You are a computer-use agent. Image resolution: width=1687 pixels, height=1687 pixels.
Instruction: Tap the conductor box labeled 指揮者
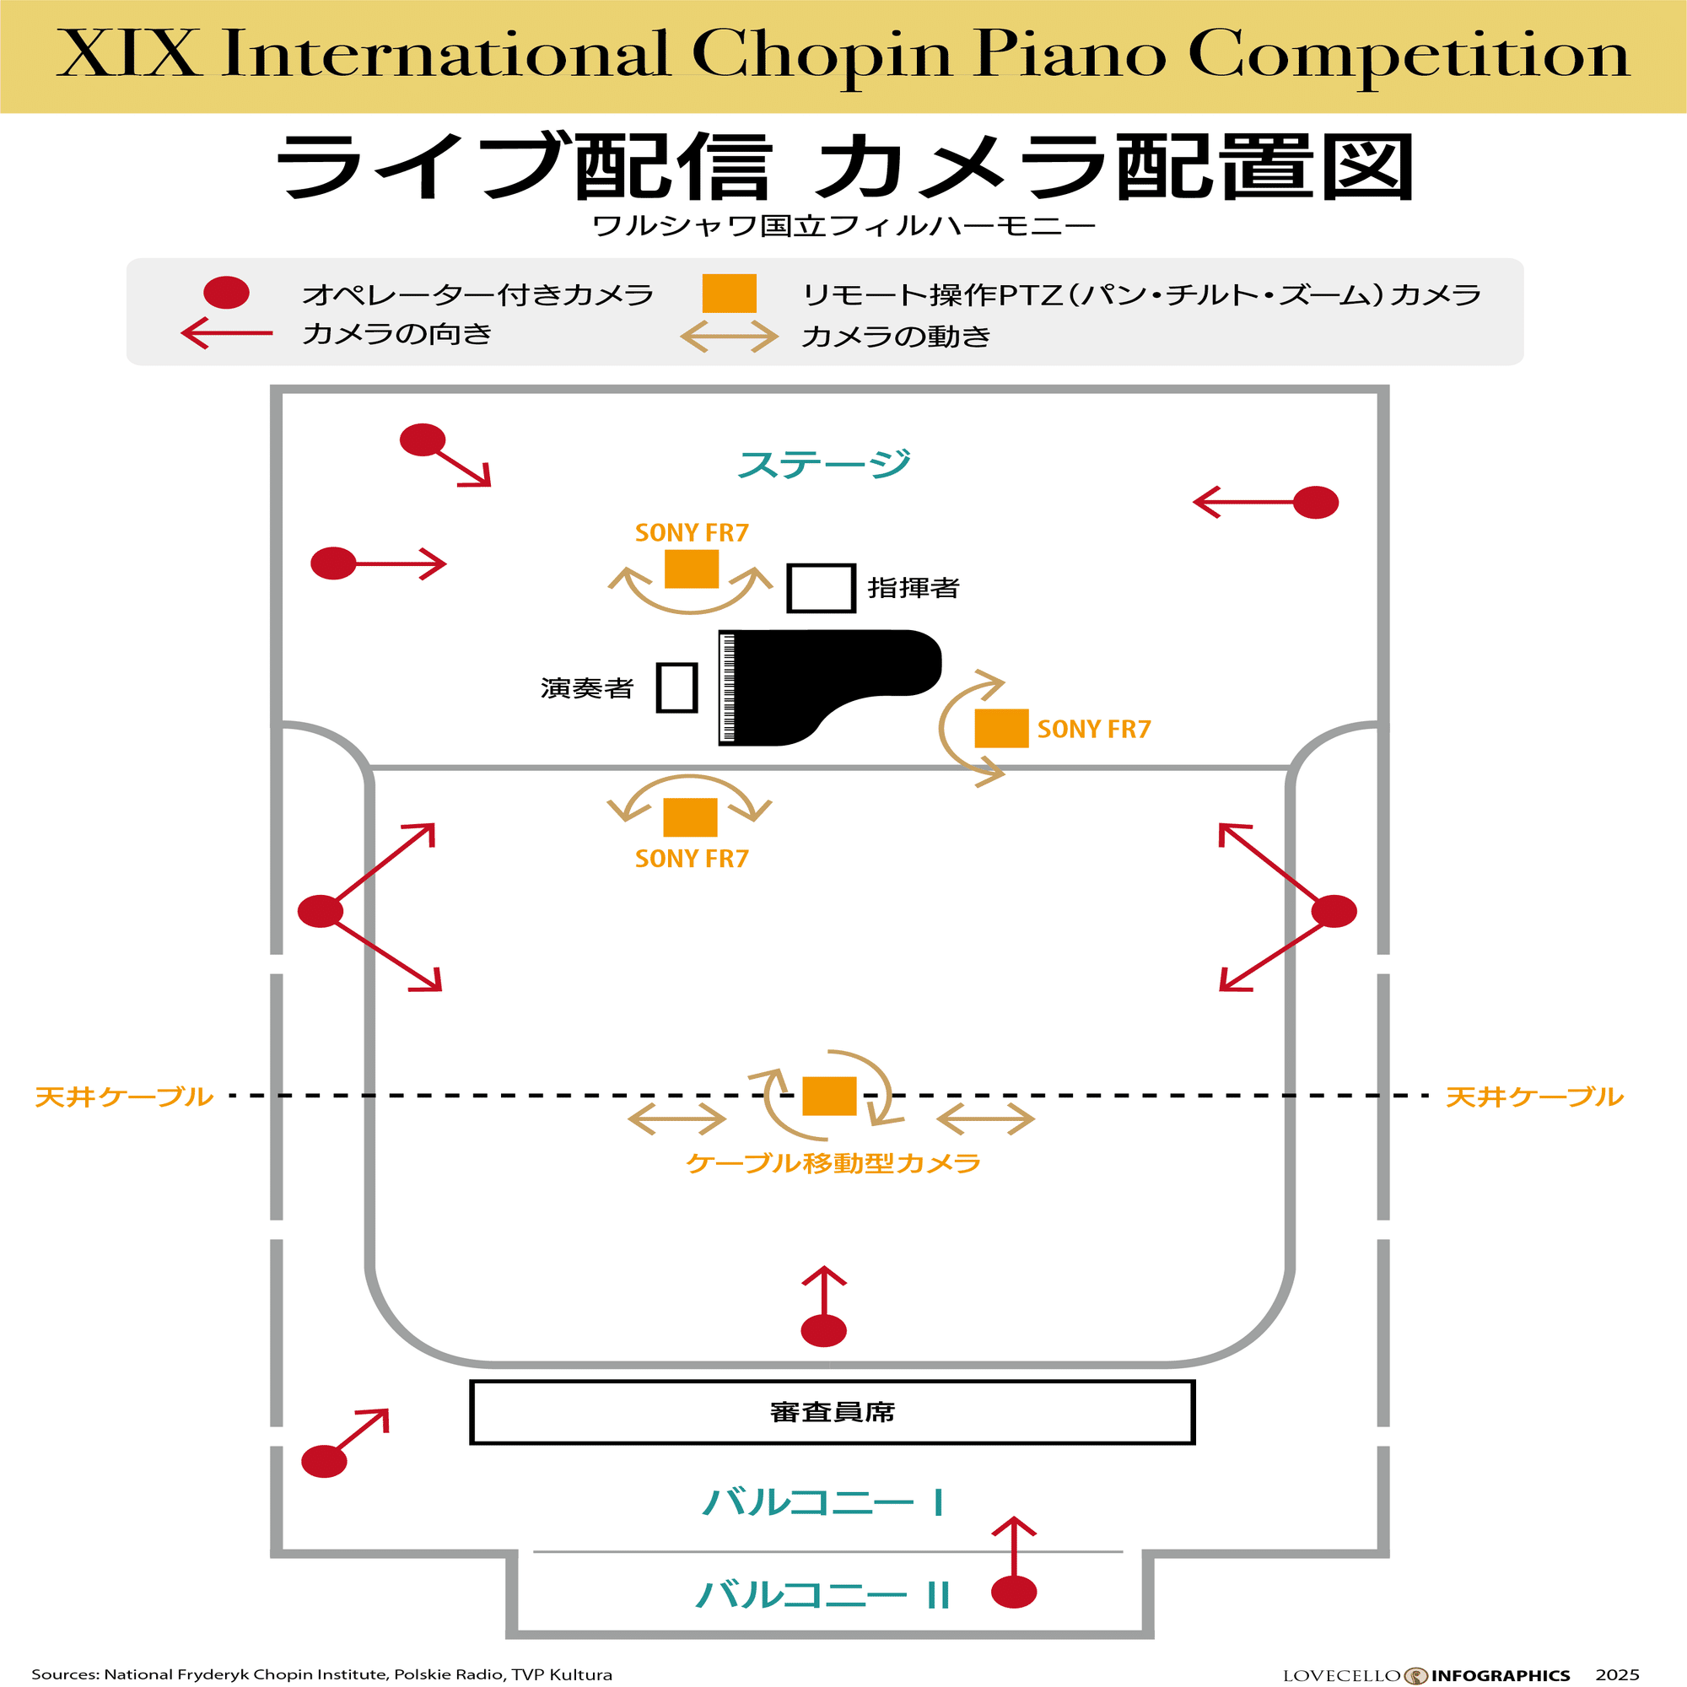pyautogui.click(x=821, y=588)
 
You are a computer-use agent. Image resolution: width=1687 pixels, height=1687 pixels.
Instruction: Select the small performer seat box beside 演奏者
pyautogui.click(x=676, y=688)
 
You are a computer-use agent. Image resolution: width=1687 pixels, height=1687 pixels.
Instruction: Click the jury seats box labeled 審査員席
pyautogui.click(x=832, y=1412)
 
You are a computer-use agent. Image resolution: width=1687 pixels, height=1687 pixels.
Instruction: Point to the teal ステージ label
pyautogui.click(x=823, y=464)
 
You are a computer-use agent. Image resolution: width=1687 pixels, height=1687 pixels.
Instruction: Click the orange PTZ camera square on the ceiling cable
pyautogui.click(x=828, y=1096)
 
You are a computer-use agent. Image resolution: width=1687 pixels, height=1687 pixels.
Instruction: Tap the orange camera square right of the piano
pyautogui.click(x=1000, y=728)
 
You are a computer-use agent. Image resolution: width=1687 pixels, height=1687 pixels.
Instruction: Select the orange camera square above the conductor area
pyautogui.click(x=692, y=569)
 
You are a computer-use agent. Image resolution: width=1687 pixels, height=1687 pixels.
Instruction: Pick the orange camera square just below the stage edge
pyautogui.click(x=690, y=817)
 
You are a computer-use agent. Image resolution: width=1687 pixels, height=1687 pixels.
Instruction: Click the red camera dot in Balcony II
pyautogui.click(x=1014, y=1592)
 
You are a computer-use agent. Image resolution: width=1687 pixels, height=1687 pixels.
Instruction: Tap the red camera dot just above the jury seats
pyautogui.click(x=823, y=1331)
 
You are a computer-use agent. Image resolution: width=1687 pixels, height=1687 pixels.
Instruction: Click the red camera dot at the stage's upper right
pyautogui.click(x=1315, y=502)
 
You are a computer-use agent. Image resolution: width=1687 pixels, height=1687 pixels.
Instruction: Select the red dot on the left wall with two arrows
pyautogui.click(x=321, y=911)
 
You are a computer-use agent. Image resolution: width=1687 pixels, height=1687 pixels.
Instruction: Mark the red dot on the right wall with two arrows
pyautogui.click(x=1334, y=911)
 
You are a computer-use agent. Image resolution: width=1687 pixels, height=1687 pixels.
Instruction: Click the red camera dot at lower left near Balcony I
pyautogui.click(x=324, y=1461)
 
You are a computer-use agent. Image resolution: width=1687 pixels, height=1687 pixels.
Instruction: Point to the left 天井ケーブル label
pyautogui.click(x=124, y=1097)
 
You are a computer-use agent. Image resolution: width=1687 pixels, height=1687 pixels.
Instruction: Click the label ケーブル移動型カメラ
pyautogui.click(x=833, y=1163)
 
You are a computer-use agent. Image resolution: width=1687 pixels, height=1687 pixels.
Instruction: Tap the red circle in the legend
pyautogui.click(x=226, y=293)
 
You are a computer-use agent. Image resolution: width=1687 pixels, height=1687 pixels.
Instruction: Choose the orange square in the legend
pyautogui.click(x=729, y=294)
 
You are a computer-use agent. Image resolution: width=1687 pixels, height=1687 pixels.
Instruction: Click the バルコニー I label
pyautogui.click(x=823, y=1502)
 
